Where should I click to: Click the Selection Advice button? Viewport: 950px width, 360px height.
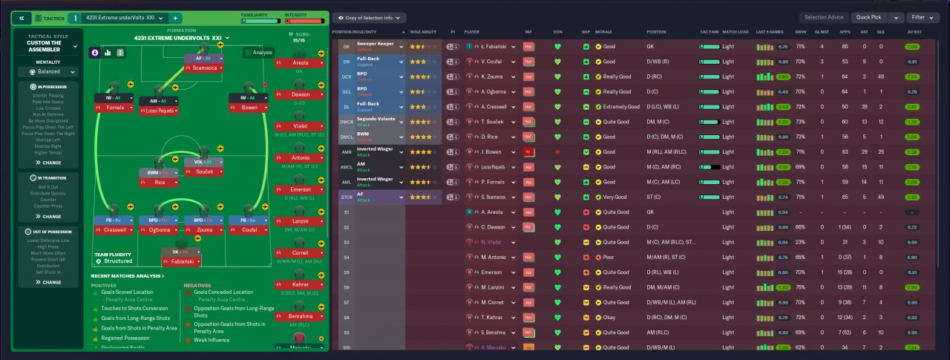pyautogui.click(x=824, y=17)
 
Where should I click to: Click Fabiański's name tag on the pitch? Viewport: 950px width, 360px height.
pyautogui.click(x=183, y=261)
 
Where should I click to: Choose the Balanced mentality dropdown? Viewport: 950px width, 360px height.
pyautogui.click(x=48, y=72)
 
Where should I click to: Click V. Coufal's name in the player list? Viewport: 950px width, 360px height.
pyautogui.click(x=493, y=62)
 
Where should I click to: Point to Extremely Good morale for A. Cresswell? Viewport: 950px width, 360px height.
pyautogui.click(x=621, y=107)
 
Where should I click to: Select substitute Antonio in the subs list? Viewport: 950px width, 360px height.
pyautogui.click(x=300, y=158)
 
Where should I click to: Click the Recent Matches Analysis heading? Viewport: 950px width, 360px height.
pyautogui.click(x=128, y=276)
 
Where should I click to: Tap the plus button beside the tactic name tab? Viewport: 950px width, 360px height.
pyautogui.click(x=175, y=18)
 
